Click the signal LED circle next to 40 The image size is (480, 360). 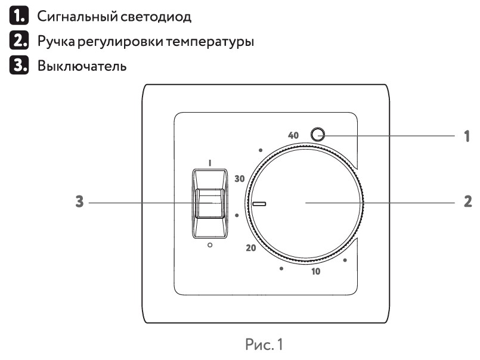click(x=319, y=134)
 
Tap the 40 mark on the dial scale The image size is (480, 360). click(x=293, y=135)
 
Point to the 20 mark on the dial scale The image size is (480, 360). click(x=250, y=247)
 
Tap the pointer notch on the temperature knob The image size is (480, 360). click(x=259, y=203)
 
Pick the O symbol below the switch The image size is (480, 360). click(x=209, y=246)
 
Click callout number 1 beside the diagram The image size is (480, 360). click(x=467, y=136)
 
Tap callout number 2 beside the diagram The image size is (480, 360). click(x=467, y=203)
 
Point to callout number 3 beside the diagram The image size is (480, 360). click(x=78, y=203)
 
